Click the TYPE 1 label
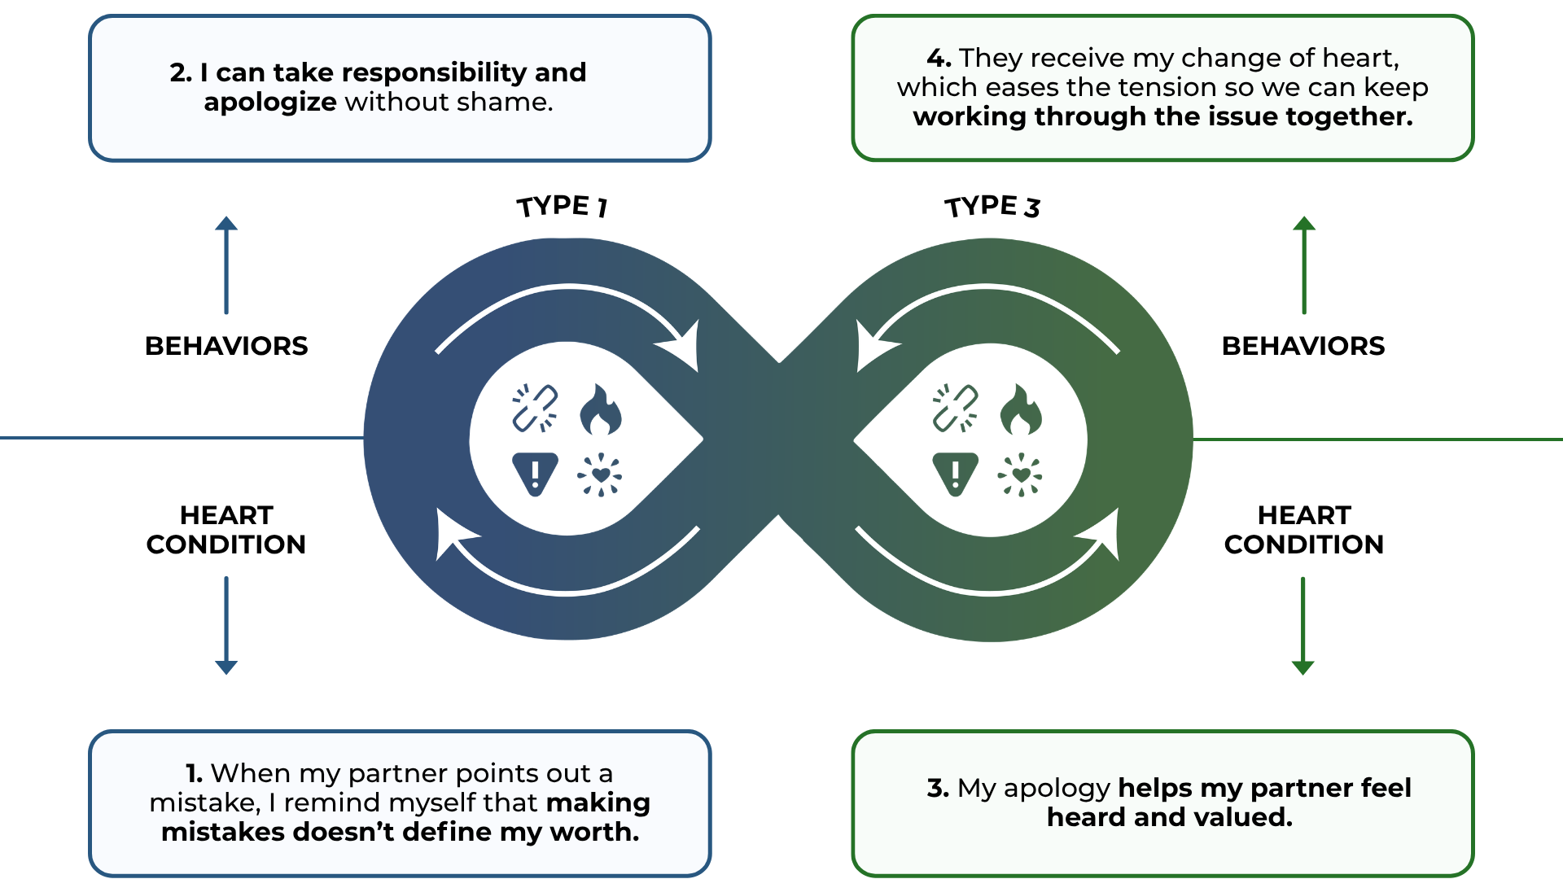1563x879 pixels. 562,206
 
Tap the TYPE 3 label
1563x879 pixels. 992,206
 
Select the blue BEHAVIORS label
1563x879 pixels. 226,346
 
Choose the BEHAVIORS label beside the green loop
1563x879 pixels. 1303,346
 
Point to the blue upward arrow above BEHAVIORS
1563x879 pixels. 226,265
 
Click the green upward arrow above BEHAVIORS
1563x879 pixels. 1304,265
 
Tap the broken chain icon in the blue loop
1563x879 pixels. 535,408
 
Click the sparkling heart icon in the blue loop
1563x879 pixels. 600,474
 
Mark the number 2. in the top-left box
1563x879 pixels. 181,72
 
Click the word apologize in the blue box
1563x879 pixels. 270,102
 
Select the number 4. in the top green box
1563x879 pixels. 939,58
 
